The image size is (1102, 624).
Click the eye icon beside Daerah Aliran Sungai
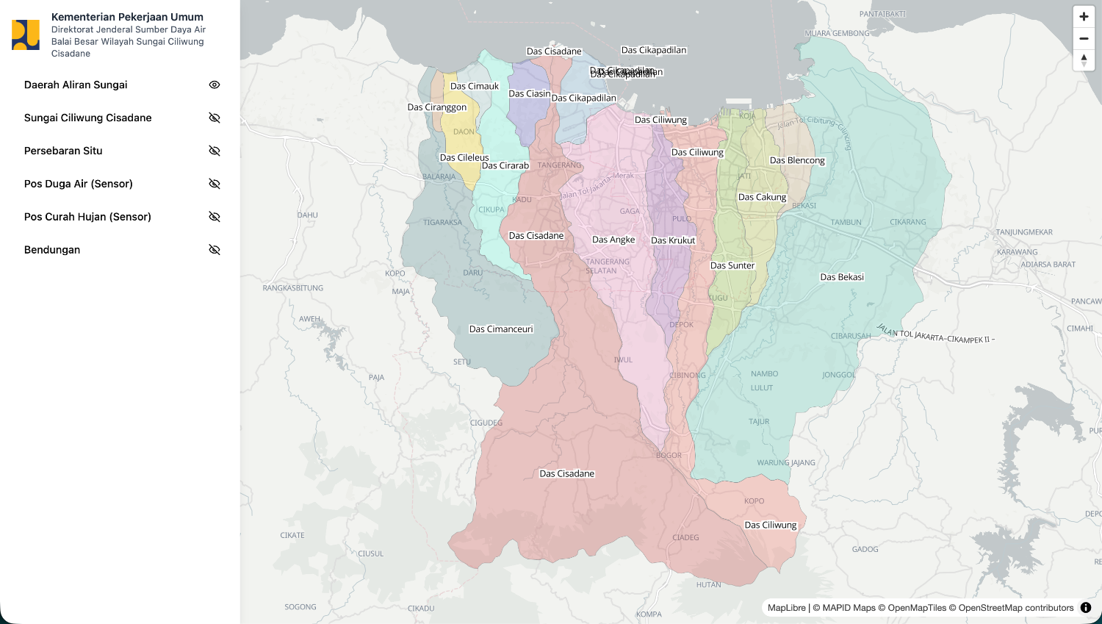[x=215, y=85]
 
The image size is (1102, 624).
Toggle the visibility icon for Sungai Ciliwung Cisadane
[x=215, y=118]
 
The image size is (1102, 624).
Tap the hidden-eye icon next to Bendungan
[x=215, y=250]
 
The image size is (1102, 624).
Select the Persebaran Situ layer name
[x=63, y=151]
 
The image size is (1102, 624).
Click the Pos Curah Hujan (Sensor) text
[x=87, y=217]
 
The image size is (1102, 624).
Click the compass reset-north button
[x=1084, y=60]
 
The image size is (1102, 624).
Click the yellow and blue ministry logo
[x=26, y=35]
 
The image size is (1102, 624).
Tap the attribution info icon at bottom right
[x=1086, y=608]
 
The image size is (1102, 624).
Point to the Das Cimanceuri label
[x=501, y=329]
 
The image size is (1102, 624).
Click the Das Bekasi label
[x=842, y=277]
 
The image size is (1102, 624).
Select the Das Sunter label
[x=732, y=265]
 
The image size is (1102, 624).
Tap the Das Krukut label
[x=673, y=240]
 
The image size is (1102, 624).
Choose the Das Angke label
[x=613, y=240]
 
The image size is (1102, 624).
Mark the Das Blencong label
[x=797, y=160]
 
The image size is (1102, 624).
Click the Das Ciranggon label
[x=437, y=107]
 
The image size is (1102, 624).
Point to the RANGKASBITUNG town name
[x=293, y=288]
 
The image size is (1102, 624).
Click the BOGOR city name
[x=669, y=456]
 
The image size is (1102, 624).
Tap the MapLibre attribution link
[x=786, y=608]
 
